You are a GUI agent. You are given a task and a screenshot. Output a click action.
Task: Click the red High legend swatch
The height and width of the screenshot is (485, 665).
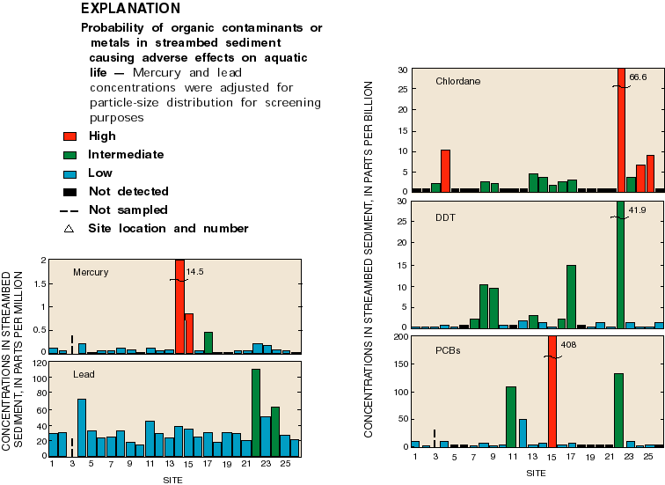pyautogui.click(x=70, y=136)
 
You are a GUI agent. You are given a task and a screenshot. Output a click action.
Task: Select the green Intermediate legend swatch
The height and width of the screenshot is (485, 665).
pyautogui.click(x=70, y=154)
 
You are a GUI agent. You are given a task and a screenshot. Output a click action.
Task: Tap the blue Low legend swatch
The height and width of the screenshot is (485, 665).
pyautogui.click(x=70, y=173)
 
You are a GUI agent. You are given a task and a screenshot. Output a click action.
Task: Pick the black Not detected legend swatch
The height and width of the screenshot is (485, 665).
pyautogui.click(x=70, y=191)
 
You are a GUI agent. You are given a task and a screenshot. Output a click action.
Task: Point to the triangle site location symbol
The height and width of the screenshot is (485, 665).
pyautogui.click(x=70, y=228)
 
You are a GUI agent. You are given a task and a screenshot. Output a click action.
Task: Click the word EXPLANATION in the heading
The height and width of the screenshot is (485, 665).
pyautogui.click(x=130, y=9)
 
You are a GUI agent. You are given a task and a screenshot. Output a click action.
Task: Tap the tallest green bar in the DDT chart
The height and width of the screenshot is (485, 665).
pyautogui.click(x=620, y=264)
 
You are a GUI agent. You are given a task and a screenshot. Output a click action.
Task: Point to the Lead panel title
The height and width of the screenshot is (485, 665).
pyautogui.click(x=84, y=375)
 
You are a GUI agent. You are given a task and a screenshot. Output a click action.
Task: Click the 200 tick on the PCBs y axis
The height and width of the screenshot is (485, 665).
pyautogui.click(x=399, y=336)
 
